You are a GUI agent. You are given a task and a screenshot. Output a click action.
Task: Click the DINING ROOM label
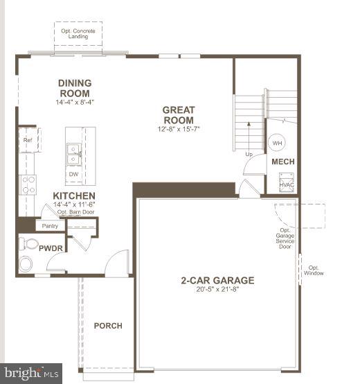[75, 88]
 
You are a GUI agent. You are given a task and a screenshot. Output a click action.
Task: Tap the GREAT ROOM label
[179, 114]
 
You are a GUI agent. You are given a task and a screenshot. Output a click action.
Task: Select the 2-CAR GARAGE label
[217, 281]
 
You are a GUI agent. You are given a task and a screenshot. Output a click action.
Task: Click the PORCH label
[108, 326]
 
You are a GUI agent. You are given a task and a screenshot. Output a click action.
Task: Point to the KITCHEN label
[74, 196]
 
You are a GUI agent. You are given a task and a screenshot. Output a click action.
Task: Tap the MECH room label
[282, 162]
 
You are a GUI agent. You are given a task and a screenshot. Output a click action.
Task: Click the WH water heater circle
[277, 143]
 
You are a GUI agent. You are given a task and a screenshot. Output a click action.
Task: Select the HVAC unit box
[286, 182]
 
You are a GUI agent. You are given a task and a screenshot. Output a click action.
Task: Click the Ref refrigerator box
[28, 141]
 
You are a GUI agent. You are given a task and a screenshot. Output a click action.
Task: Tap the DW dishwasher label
[73, 175]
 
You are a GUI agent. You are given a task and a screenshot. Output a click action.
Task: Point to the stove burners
[28, 184]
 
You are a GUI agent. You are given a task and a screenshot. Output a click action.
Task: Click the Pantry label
[50, 226]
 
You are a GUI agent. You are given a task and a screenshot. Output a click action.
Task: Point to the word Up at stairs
[249, 154]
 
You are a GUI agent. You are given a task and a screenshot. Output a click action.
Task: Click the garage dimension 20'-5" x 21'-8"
[217, 290]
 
